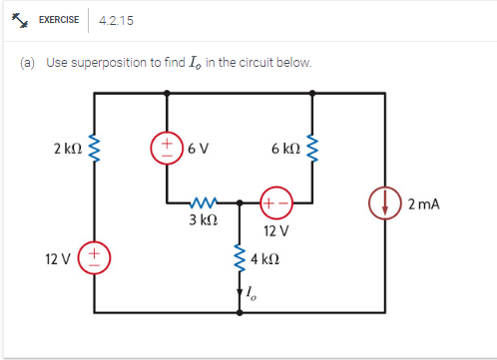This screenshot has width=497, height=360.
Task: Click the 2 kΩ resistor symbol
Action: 96,150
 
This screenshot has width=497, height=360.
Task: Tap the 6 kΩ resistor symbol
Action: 313,150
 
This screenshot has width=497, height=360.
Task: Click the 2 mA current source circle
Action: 385,203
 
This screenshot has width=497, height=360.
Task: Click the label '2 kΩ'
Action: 68,150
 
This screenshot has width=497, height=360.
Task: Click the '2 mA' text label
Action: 423,204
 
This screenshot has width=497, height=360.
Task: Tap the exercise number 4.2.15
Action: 117,20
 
